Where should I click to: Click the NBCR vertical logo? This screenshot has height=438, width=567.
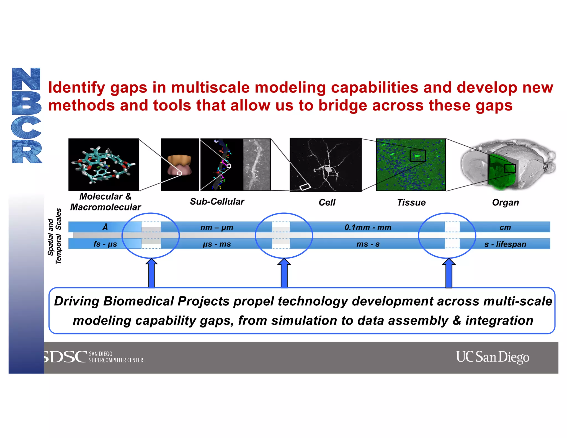coord(27,115)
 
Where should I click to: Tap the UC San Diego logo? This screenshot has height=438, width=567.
coord(492,357)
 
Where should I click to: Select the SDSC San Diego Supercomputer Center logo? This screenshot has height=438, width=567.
coord(94,357)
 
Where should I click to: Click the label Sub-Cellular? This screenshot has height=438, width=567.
coord(217,202)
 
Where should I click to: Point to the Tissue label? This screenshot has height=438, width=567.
coord(411,203)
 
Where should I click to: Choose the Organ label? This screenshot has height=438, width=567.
coord(505,203)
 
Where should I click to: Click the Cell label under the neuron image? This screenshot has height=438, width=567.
coord(327,203)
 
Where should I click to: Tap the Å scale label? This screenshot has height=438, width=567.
coord(105,227)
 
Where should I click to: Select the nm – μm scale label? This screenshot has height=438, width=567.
coord(217,228)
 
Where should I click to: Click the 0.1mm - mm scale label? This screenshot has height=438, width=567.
coord(368,228)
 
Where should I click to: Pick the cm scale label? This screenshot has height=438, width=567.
coord(505,228)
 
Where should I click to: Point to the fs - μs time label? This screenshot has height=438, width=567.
coord(105,244)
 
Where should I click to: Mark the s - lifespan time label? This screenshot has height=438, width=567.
coord(505,244)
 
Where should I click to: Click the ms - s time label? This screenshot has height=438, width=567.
coord(368,244)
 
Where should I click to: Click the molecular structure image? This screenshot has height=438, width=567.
coord(104,165)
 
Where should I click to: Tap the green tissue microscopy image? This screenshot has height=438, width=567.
coord(411,165)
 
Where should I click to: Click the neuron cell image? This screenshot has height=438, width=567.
coord(326,165)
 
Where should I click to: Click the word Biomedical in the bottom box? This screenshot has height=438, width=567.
coord(139,301)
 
